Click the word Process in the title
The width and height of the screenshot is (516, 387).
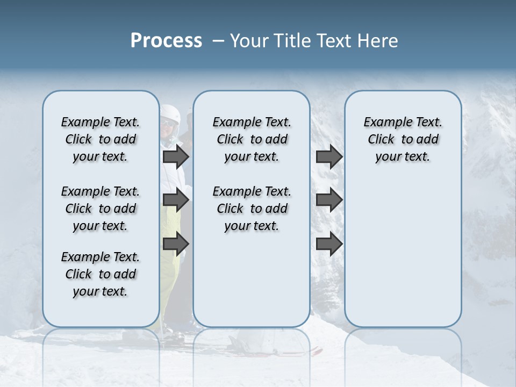pos(166,41)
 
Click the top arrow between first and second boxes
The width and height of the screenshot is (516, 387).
pos(176,157)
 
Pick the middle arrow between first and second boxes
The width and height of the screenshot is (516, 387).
pos(176,200)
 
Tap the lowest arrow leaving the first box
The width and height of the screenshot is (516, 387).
pos(176,243)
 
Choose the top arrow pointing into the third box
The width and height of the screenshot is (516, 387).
pos(329,157)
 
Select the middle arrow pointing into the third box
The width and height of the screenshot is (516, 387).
pos(329,200)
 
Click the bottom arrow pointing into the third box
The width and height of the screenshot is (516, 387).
pos(329,243)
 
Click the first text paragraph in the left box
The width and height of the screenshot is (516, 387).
pos(101,139)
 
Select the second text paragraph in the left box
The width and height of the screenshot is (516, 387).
pos(101,209)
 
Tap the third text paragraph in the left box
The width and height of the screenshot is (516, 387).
pos(101,274)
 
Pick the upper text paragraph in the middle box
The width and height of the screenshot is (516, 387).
pos(252,139)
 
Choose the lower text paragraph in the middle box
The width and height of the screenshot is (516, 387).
pos(252,209)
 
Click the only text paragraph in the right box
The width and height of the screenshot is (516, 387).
pos(403,139)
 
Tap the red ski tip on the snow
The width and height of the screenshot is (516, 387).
pos(317,352)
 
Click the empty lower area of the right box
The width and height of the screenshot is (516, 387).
pos(403,258)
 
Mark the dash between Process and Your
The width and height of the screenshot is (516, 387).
pos(217,41)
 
